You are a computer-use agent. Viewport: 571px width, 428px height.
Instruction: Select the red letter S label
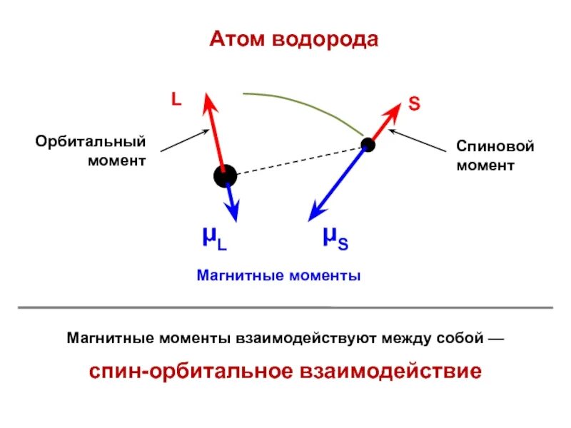[414, 104]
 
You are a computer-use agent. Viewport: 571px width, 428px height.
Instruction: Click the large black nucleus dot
[225, 175]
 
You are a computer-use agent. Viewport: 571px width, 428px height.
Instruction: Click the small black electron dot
[368, 145]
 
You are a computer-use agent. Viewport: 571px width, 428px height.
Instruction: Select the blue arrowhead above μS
[315, 213]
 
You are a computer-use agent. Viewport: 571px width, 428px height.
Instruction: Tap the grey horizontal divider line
[285, 307]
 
